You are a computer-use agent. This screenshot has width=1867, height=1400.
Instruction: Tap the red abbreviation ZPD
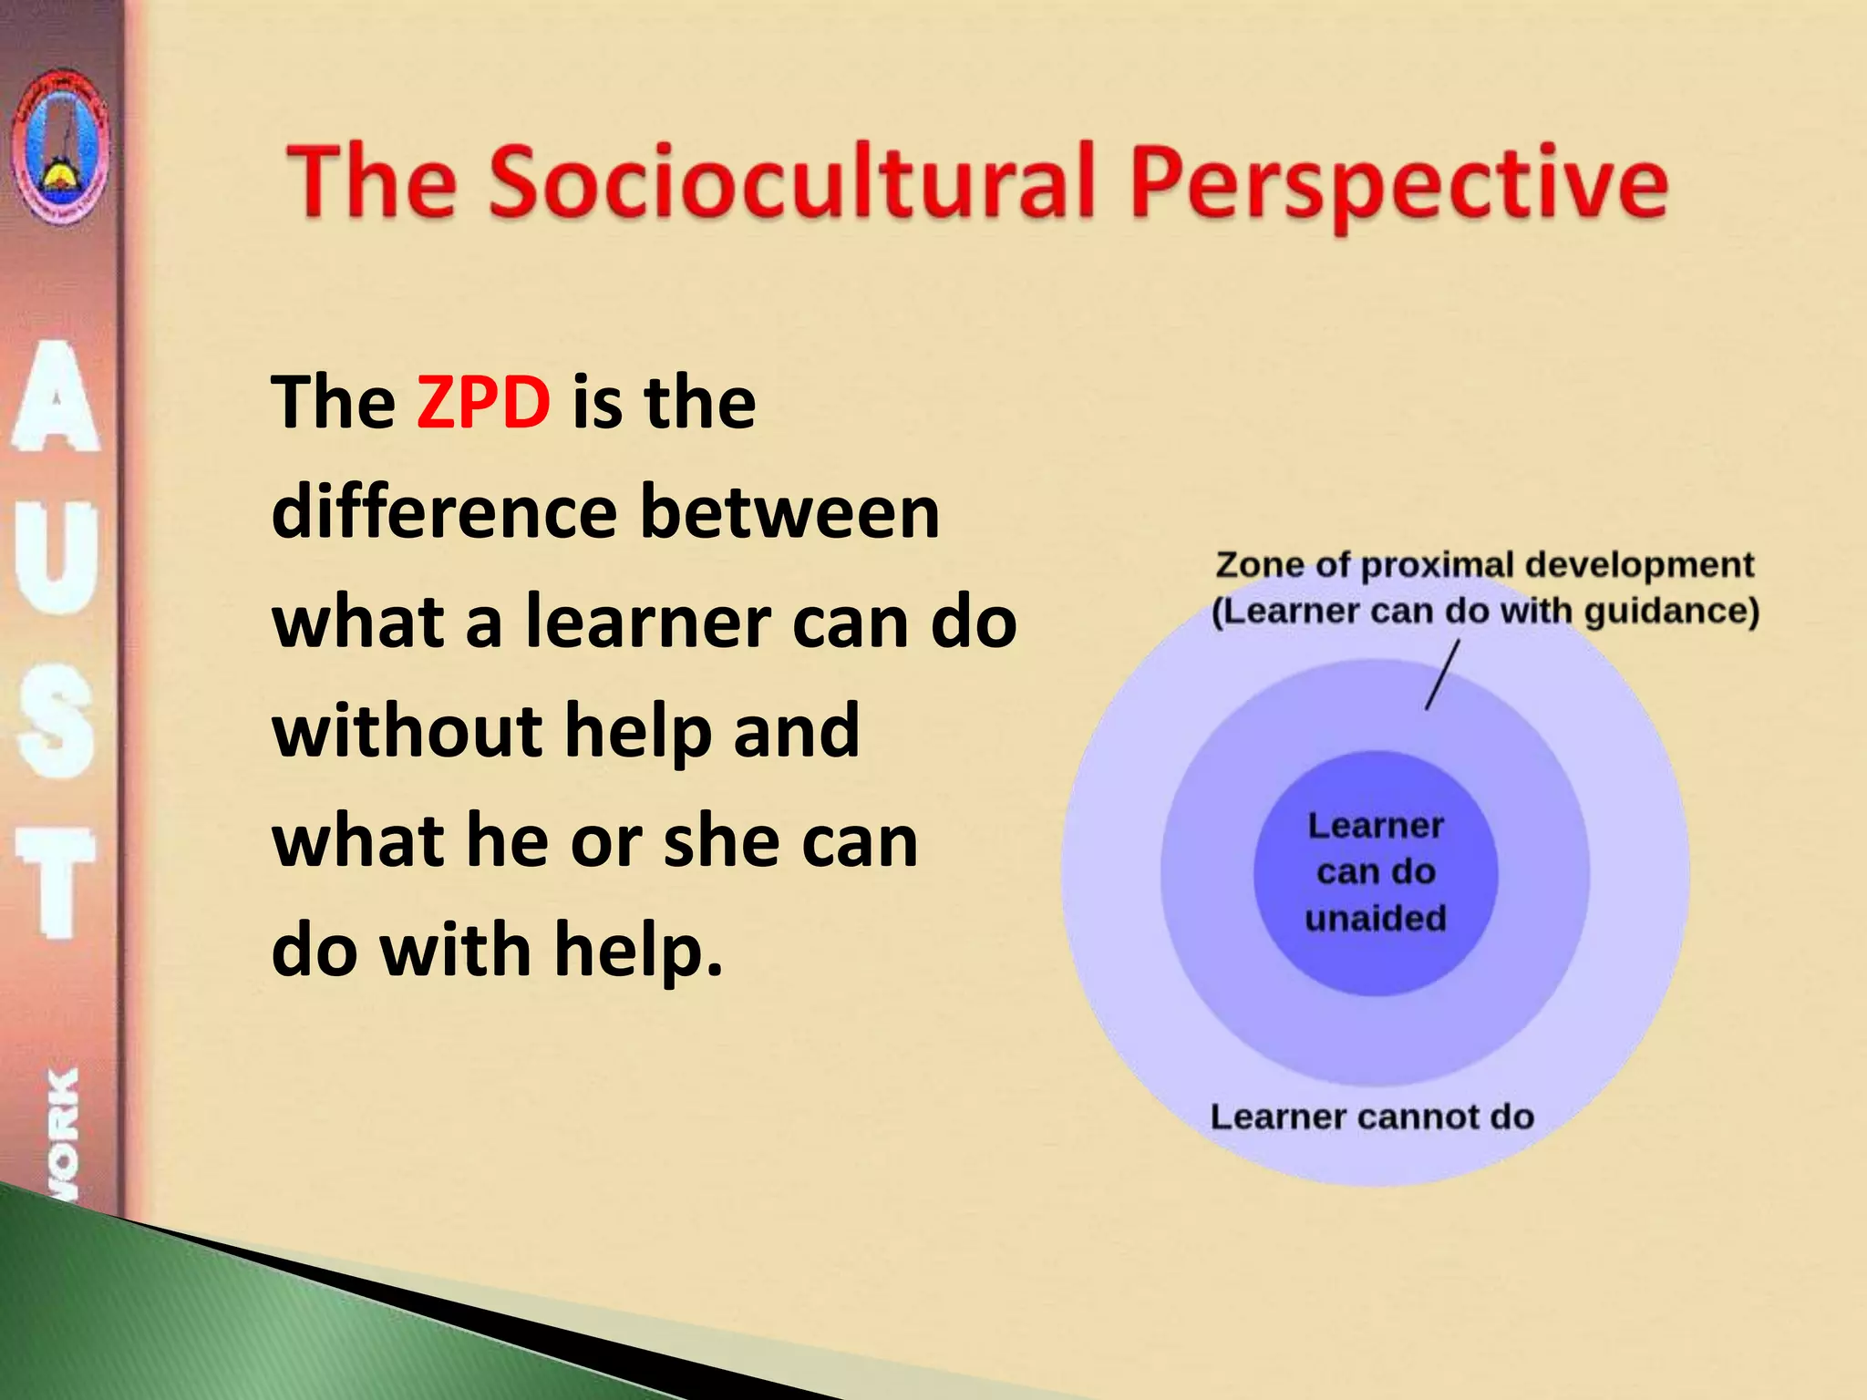coord(483,402)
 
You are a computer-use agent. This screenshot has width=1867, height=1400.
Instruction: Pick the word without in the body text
coord(407,730)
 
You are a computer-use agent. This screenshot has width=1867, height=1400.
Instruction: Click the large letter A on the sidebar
coord(57,397)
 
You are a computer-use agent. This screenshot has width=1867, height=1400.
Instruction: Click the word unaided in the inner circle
coord(1376,918)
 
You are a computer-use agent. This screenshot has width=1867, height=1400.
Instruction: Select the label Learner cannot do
coord(1371,1117)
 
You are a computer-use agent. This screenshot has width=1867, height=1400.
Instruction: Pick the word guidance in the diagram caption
coord(1670,611)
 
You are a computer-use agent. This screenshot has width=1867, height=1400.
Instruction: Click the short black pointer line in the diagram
coord(1442,674)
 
